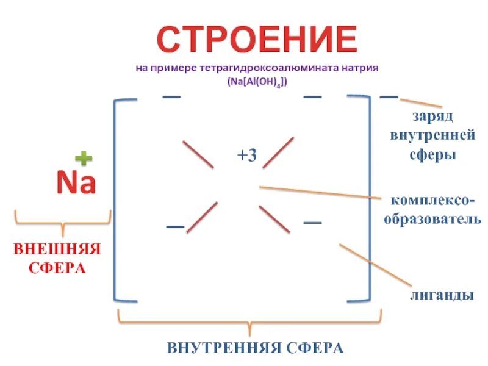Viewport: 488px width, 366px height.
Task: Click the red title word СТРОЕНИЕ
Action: pyautogui.click(x=257, y=40)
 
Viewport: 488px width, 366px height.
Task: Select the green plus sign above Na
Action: pyautogui.click(x=84, y=159)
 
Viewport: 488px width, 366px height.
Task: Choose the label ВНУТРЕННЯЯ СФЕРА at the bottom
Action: pyautogui.click(x=255, y=348)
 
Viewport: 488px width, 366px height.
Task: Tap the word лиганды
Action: pyautogui.click(x=442, y=295)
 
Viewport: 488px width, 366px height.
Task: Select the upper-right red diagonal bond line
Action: pyautogui.click(x=278, y=152)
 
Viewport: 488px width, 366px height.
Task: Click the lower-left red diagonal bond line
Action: pyautogui.click(x=202, y=217)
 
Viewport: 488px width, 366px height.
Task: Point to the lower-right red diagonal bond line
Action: pyautogui.click(x=274, y=218)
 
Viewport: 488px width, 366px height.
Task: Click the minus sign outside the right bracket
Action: pyautogui.click(x=389, y=96)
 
